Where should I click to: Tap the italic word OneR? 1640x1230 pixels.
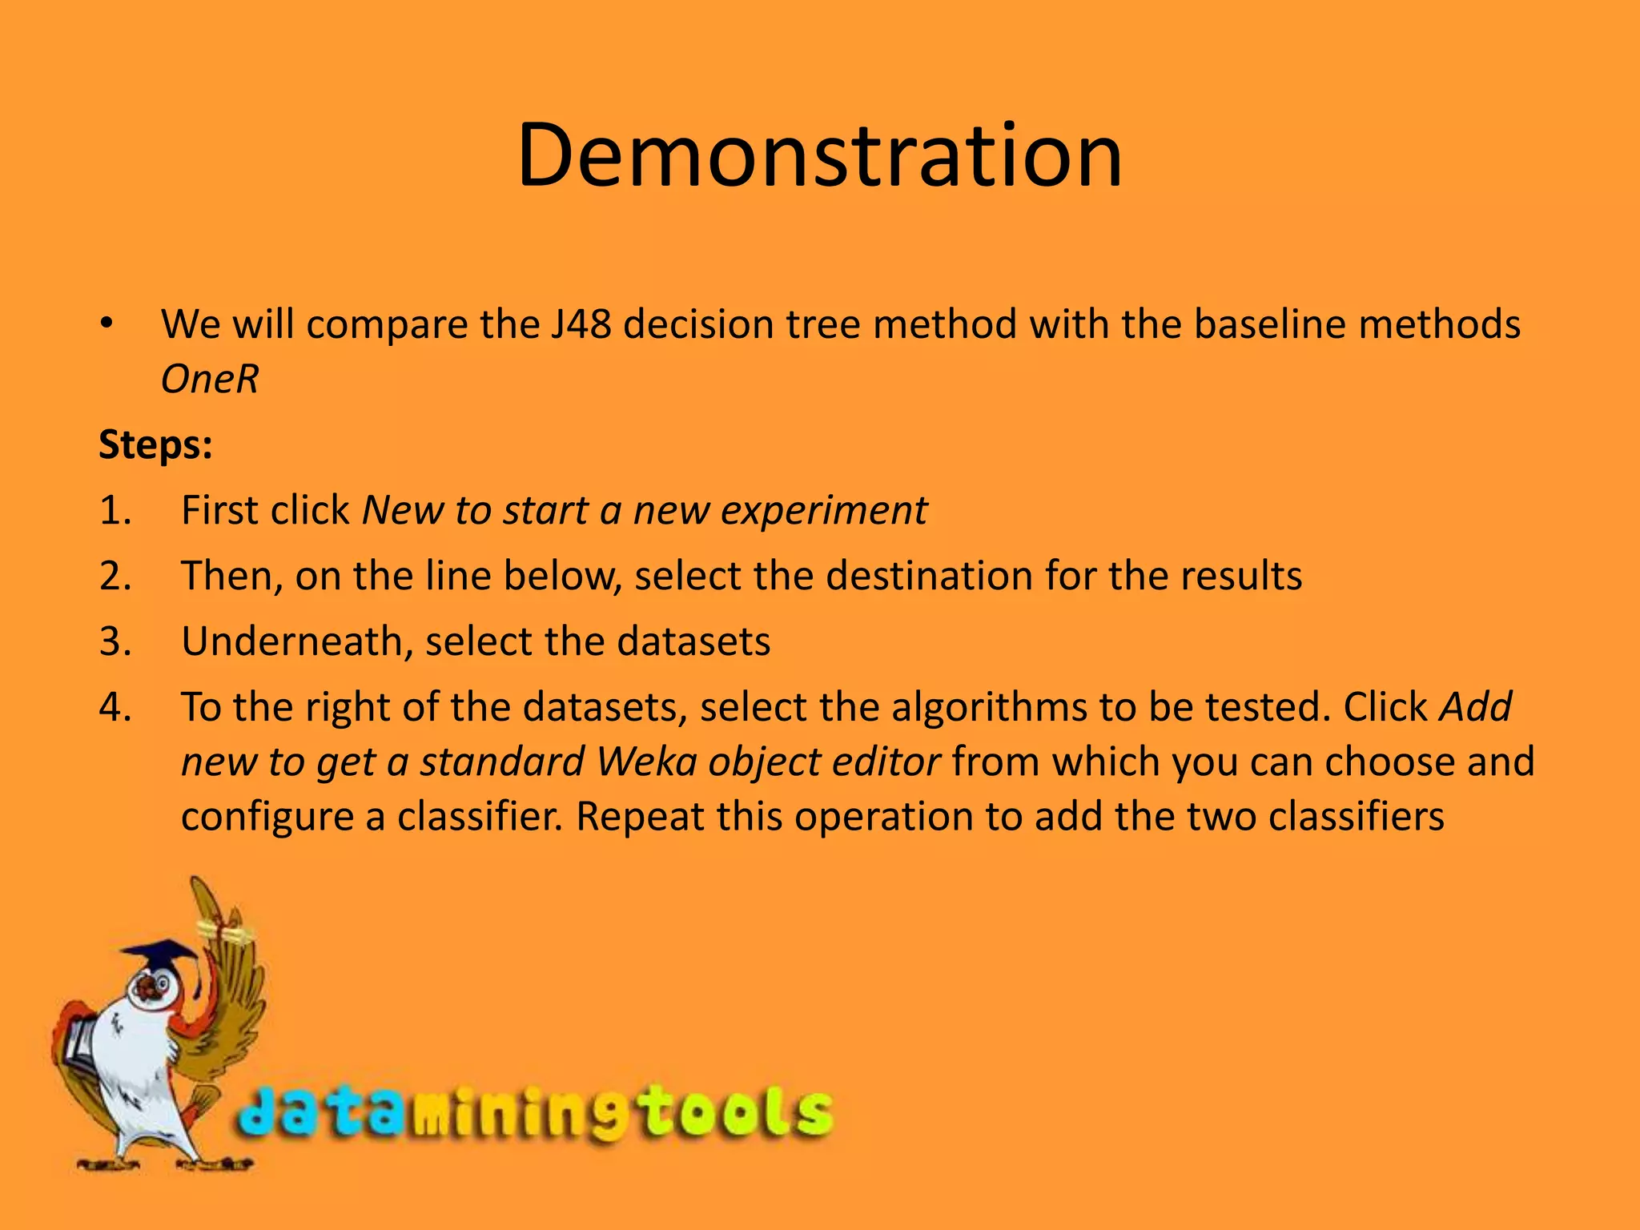210,380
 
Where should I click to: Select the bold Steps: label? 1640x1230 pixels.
155,444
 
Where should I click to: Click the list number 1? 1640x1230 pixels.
114,511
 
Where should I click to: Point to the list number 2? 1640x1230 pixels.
115,577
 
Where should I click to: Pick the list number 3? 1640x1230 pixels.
115,642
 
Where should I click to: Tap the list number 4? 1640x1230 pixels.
115,708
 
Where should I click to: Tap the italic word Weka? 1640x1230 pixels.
645,762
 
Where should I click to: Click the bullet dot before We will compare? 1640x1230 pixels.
107,325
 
